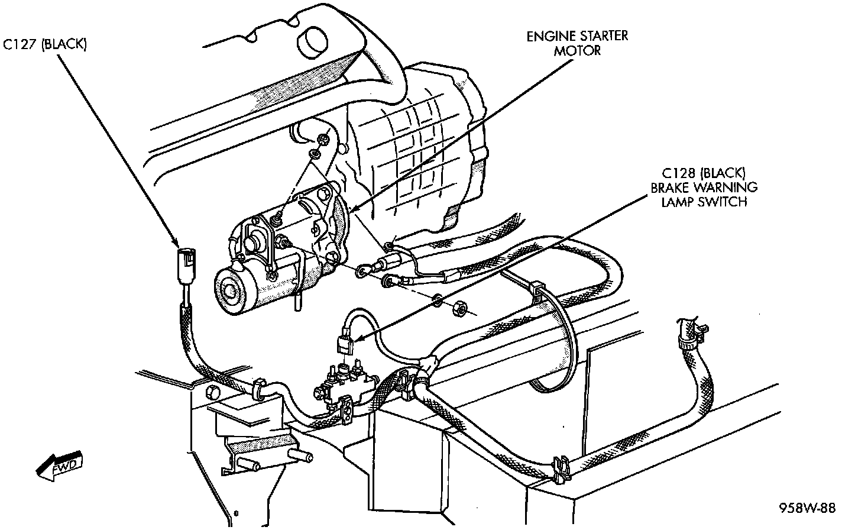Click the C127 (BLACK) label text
click(x=46, y=45)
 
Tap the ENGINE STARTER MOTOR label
click(x=577, y=43)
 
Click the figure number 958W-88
click(x=807, y=508)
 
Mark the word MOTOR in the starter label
click(x=577, y=50)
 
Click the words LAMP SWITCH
click(x=704, y=202)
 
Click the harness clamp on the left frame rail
click(x=258, y=389)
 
